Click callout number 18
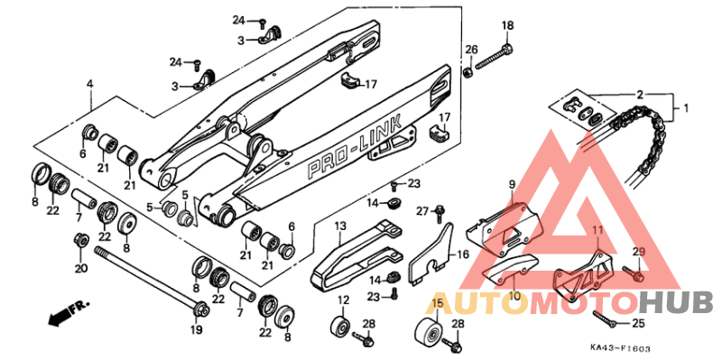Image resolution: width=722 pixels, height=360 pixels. coord(506,24)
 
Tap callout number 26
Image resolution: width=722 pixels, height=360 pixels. coord(471,49)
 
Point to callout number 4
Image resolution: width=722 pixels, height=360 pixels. coord(90,84)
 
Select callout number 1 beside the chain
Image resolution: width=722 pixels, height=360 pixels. coord(684,108)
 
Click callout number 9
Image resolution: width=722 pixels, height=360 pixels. coord(511,186)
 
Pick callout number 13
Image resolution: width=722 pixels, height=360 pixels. coord(341,226)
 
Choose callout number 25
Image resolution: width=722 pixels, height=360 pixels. coord(639,321)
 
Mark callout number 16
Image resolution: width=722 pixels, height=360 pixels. coord(462,255)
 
